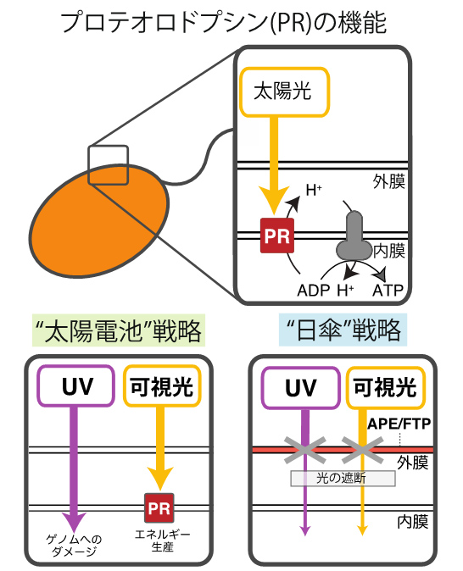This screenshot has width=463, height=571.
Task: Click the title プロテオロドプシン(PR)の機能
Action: click(223, 23)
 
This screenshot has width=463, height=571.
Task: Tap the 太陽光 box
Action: click(284, 91)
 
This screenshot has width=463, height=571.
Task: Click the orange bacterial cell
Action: click(99, 220)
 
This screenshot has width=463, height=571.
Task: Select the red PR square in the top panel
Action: click(277, 236)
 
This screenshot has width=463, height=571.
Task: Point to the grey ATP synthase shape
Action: click(353, 236)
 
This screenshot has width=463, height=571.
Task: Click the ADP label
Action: click(314, 291)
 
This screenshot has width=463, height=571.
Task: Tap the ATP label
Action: click(388, 291)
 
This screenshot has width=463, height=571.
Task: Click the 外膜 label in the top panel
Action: click(388, 181)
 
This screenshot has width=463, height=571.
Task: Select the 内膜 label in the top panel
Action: click(389, 251)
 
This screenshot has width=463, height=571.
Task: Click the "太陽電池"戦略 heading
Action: click(119, 330)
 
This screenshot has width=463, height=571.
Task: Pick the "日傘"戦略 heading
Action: click(343, 330)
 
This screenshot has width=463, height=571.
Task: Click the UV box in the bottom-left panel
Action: click(75, 386)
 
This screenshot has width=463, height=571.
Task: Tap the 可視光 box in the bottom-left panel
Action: click(162, 386)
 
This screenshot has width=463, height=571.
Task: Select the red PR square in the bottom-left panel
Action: click(159, 508)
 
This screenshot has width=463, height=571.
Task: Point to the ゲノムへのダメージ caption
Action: click(74, 545)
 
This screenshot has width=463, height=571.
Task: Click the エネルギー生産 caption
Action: click(162, 541)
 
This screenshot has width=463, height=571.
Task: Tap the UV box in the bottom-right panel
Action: click(301, 388)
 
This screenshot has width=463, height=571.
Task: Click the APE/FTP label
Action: click(399, 424)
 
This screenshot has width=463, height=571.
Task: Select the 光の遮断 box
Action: click(343, 478)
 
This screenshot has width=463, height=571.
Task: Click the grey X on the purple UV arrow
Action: click(304, 450)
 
